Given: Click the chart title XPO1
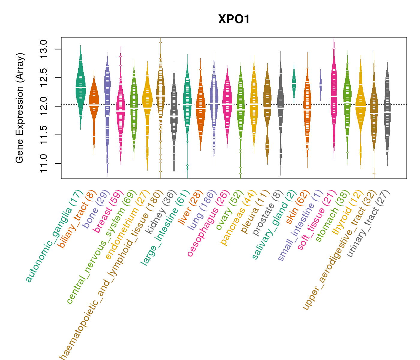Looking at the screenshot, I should pos(234,19).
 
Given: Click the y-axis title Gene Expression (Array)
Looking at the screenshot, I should pos(20,108).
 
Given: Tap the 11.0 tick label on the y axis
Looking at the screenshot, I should pos(44,163).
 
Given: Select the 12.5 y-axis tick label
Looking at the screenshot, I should pos(44,78).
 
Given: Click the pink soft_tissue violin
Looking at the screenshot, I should pos(334,96).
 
